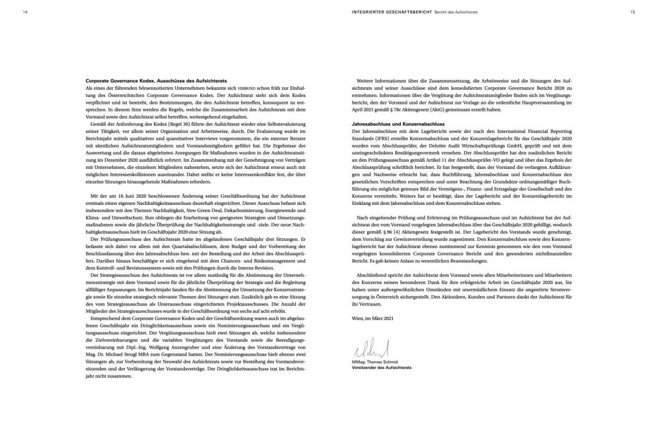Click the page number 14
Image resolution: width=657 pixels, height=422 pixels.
[x=25, y=12]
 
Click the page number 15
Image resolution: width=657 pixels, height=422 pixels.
[x=632, y=12]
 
